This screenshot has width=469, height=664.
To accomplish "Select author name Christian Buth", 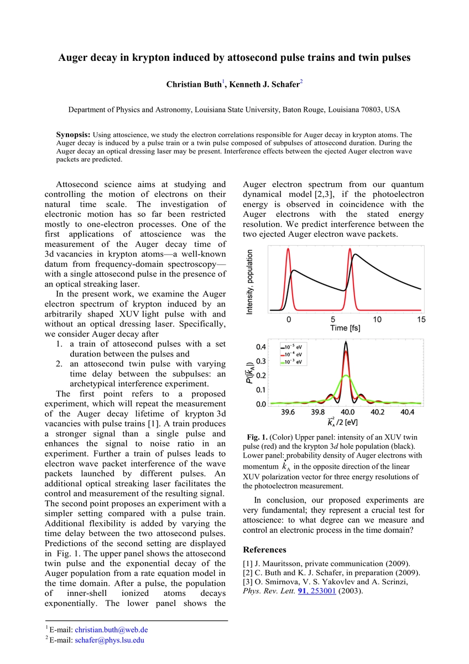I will [x=194, y=85].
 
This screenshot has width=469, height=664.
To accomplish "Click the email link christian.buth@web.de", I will [x=111, y=630].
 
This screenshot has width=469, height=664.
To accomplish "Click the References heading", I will [x=264, y=549].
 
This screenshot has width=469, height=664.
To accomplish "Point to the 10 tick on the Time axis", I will [x=377, y=319].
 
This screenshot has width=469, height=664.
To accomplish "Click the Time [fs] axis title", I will [x=345, y=328].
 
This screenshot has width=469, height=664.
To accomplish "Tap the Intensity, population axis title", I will [x=249, y=281].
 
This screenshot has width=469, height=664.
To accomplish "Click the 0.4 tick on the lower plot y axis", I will [x=260, y=347].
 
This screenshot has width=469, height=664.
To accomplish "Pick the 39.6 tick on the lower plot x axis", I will [x=288, y=412].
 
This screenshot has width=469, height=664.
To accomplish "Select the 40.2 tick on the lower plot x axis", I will [x=377, y=412].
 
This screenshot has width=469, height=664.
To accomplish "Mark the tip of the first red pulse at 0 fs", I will [x=288, y=250].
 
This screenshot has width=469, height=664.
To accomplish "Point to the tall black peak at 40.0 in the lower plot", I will [x=346, y=343].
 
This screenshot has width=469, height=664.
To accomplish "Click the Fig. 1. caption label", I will [x=257, y=437].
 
